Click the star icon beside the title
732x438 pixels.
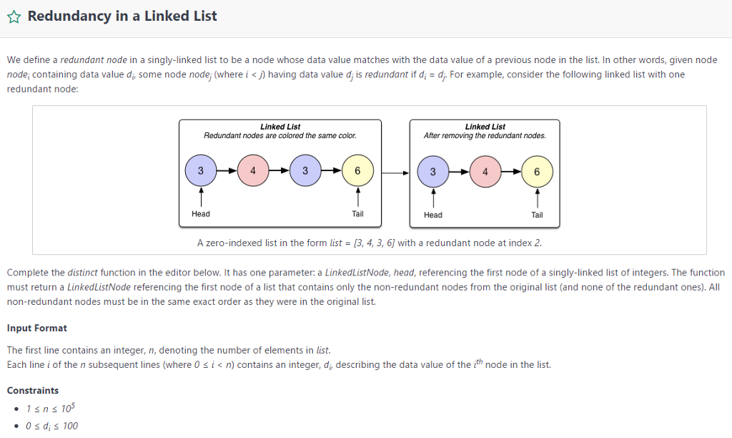[x=14, y=17]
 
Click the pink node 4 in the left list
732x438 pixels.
[x=253, y=171]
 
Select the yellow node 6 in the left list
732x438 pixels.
[x=357, y=171]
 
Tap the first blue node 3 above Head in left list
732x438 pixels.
[x=201, y=171]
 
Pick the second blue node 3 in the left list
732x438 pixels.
[x=305, y=171]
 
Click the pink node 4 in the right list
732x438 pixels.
[x=485, y=172]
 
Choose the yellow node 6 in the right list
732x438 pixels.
[x=537, y=172]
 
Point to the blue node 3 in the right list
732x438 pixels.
[x=433, y=172]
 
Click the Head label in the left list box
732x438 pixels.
[x=201, y=214]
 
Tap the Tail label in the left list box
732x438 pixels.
[x=357, y=214]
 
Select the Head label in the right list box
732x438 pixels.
[x=433, y=215]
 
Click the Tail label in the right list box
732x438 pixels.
[x=537, y=215]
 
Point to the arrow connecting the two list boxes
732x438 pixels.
[x=395, y=172]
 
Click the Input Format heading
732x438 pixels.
[x=36, y=328]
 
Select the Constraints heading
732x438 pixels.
[x=33, y=391]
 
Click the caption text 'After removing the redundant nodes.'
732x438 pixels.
[x=485, y=136]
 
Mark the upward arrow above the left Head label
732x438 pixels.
[x=201, y=195]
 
